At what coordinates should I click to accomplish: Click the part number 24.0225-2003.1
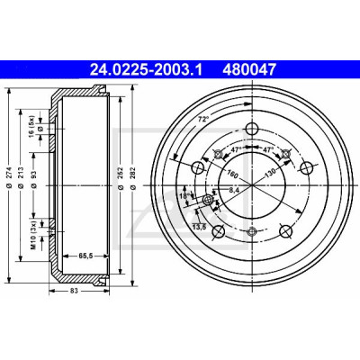147,70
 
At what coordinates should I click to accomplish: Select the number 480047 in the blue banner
248,70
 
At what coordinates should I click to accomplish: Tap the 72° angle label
202,120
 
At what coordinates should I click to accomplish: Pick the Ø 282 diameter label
133,178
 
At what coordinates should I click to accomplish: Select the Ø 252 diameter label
121,178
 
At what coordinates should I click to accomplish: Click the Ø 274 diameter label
9,178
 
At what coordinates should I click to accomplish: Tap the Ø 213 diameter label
21,178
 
